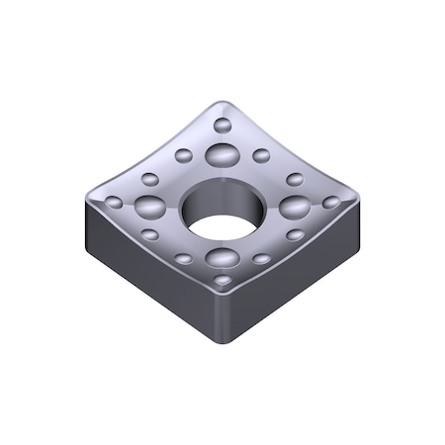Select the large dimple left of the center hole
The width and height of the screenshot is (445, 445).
[151, 206]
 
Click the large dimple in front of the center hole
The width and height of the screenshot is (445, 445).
[222, 259]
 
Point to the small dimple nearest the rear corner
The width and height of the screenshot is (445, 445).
[222, 126]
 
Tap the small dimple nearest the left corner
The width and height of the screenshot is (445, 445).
[115, 203]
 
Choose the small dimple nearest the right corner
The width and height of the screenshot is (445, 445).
[331, 202]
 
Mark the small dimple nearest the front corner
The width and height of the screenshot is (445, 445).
[223, 281]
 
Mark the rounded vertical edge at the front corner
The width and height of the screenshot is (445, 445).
[223, 321]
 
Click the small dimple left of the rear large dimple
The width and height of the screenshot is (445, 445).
[183, 154]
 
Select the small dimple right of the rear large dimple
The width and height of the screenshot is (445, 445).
[261, 154]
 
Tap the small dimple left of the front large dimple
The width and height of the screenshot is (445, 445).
[184, 259]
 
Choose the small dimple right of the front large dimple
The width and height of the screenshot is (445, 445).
[261, 259]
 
